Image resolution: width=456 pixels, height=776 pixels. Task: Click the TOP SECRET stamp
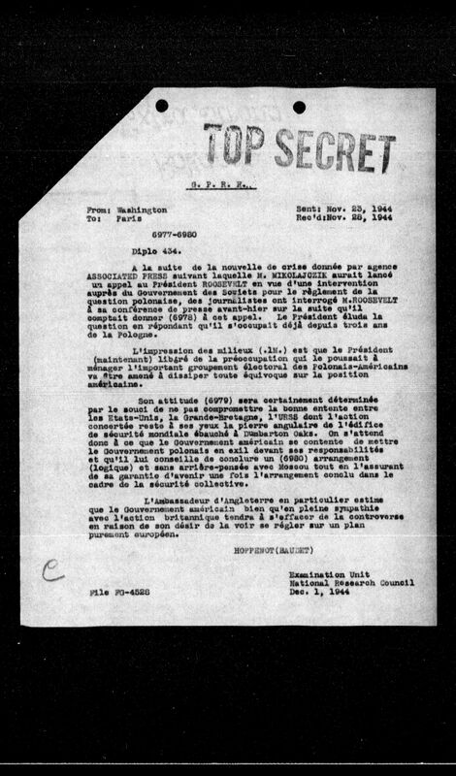tap(297, 145)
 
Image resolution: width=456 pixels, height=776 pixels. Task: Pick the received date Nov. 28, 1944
tap(359, 219)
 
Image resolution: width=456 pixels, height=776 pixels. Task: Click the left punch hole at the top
tap(162, 105)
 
